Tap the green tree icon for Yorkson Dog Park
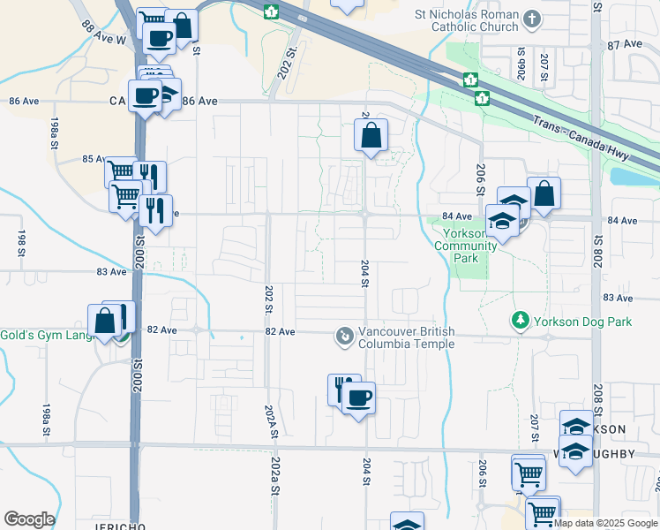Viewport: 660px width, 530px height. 521,319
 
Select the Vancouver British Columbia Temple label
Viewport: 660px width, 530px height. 406,337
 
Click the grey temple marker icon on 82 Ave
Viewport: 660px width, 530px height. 342,337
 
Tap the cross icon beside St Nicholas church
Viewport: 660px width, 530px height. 531,18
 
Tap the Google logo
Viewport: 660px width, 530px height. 29,519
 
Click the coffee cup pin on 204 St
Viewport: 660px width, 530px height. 358,398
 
